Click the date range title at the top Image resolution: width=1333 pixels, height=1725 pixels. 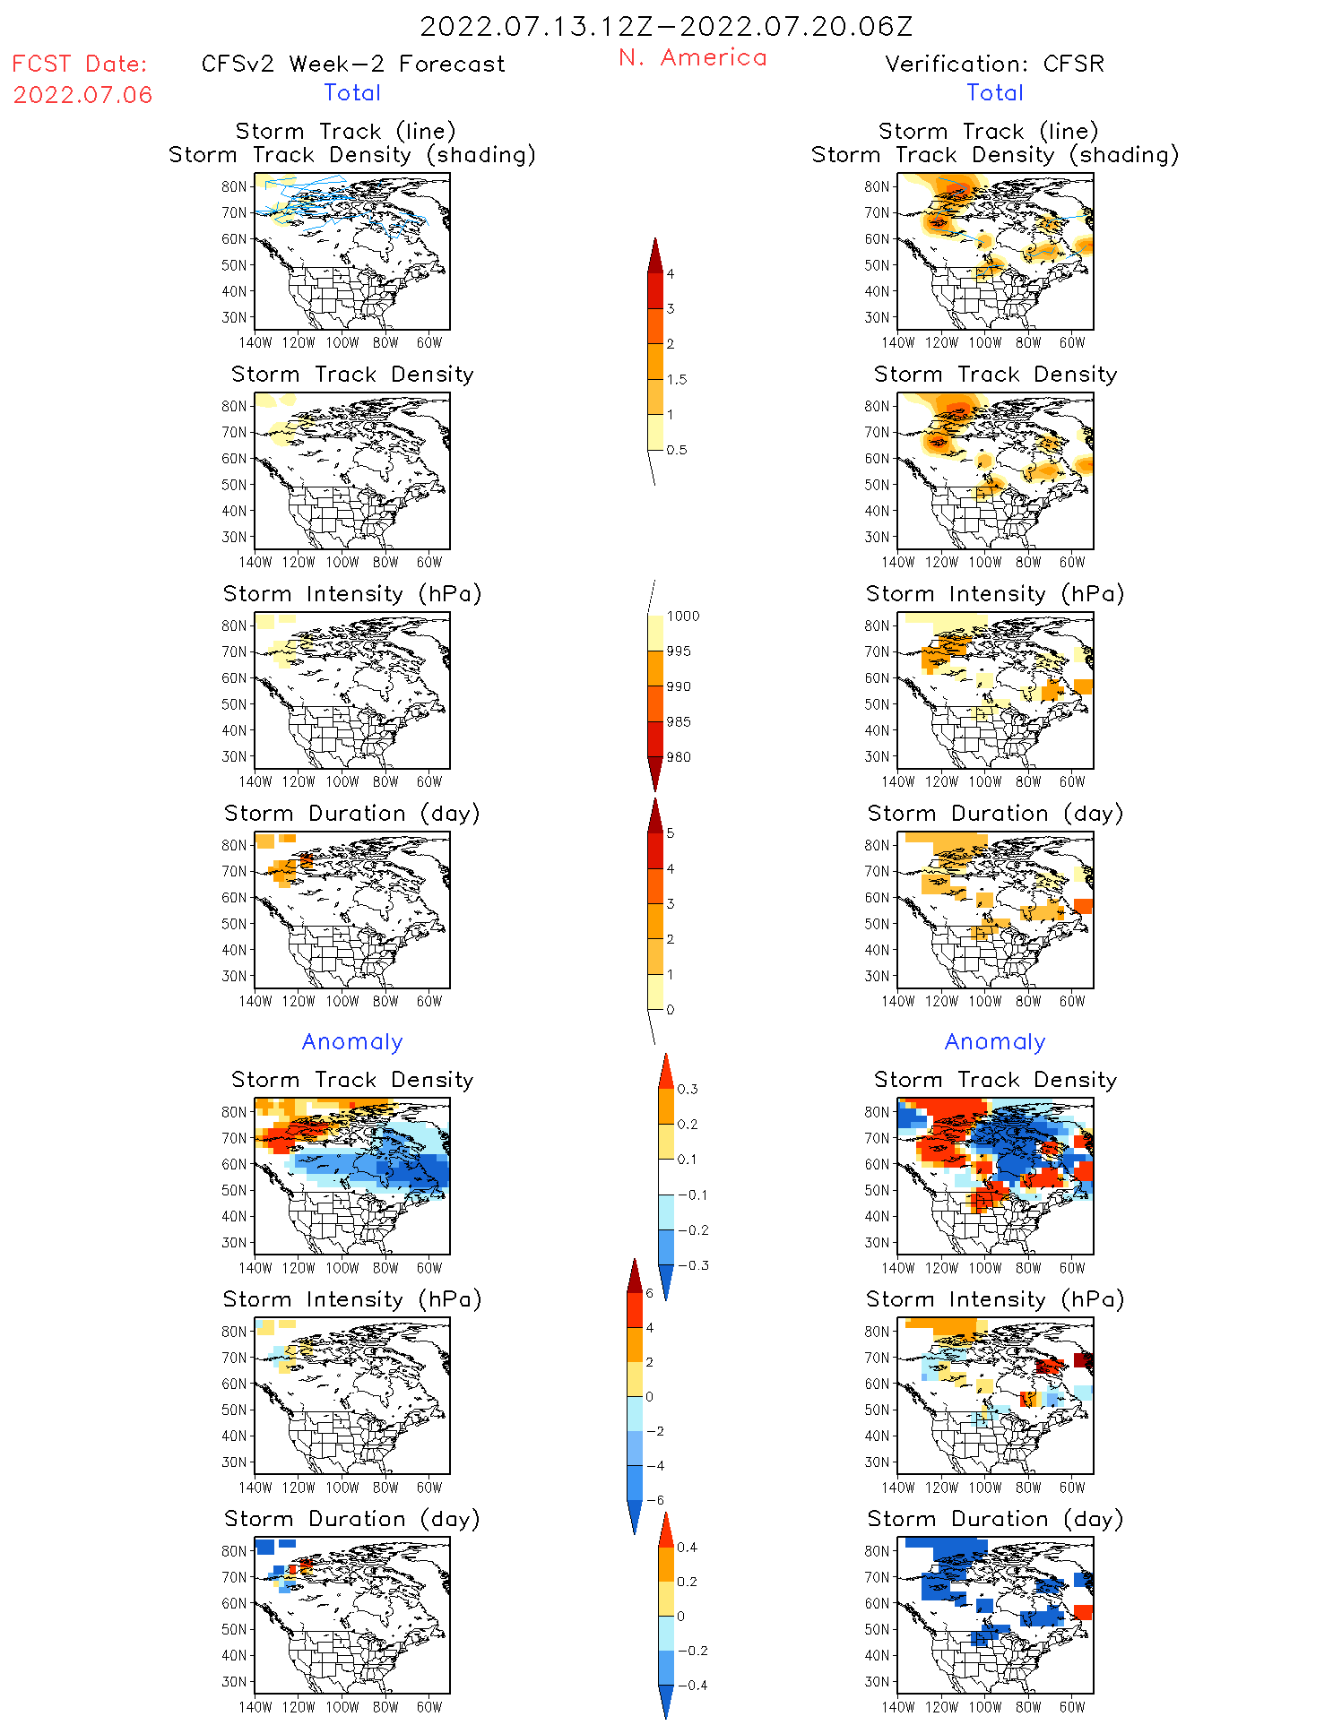tap(666, 27)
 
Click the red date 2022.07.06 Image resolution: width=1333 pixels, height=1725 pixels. tap(82, 95)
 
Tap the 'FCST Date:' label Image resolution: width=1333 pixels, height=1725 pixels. tap(80, 65)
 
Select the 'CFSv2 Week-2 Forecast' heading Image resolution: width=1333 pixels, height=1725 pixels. tap(353, 65)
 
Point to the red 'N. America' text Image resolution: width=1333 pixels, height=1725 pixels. tap(692, 58)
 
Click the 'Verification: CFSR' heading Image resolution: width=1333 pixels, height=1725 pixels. tap(994, 65)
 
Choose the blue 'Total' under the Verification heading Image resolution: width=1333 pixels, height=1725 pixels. tap(994, 93)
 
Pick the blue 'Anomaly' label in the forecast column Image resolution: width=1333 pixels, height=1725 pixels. tap(352, 1042)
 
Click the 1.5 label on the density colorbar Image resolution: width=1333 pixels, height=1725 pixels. tap(677, 380)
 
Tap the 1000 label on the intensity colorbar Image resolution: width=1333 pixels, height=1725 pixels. tap(682, 617)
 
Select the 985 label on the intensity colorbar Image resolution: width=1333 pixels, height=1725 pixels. tap(679, 722)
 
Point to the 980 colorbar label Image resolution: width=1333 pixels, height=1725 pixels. tap(679, 757)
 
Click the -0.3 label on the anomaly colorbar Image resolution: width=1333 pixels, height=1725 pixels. tap(692, 1266)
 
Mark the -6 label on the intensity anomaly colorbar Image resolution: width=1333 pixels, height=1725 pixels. tap(655, 1500)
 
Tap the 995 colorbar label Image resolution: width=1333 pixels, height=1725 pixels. tap(679, 651)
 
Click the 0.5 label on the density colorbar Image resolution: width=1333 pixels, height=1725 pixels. tap(677, 451)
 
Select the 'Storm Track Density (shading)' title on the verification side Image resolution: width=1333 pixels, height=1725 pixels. tap(994, 155)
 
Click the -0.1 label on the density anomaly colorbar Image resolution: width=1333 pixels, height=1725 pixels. tap(692, 1195)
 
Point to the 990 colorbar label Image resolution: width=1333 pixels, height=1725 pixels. tap(679, 687)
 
